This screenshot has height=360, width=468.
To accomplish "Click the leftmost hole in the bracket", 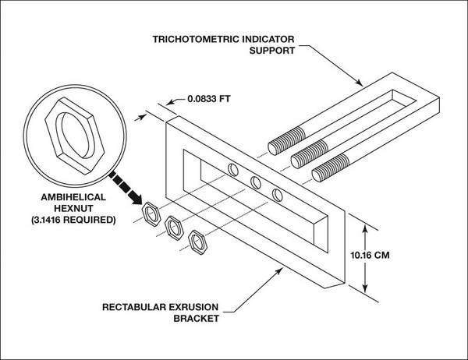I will [x=233, y=169].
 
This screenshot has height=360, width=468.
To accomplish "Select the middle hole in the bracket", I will [x=256, y=183].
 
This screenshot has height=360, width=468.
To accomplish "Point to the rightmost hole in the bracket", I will [x=277, y=194].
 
